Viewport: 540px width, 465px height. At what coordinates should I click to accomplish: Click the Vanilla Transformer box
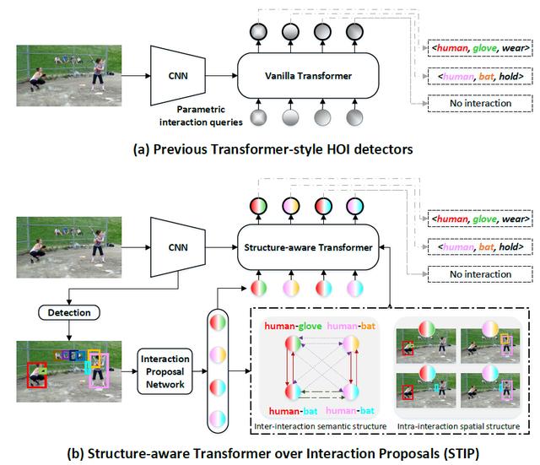click(x=308, y=76)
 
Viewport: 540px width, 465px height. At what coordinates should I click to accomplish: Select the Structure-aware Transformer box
click(x=308, y=247)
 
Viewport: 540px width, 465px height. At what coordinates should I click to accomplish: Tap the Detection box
click(x=69, y=313)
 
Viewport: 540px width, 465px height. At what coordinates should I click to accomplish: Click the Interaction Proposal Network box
click(x=165, y=371)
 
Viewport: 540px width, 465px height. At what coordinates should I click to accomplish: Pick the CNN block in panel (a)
click(x=178, y=76)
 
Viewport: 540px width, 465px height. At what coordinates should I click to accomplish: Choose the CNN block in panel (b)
click(x=178, y=247)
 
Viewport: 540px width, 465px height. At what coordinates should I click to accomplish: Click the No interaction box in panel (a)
click(x=480, y=103)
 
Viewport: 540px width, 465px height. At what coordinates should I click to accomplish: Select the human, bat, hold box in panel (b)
click(x=480, y=247)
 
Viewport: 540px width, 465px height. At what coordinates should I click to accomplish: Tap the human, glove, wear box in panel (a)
click(x=480, y=48)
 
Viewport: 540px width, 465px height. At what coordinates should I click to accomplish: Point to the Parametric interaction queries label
click(x=201, y=116)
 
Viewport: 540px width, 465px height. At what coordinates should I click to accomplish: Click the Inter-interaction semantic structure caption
click(x=321, y=426)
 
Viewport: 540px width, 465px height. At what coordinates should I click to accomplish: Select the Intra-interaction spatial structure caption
click(x=458, y=426)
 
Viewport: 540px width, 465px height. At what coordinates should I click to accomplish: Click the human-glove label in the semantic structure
click(x=293, y=327)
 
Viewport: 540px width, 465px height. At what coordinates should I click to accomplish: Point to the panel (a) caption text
click(x=273, y=149)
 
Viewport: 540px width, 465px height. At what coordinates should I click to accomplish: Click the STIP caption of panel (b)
click(x=273, y=454)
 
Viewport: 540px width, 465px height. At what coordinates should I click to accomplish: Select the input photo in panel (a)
click(x=69, y=75)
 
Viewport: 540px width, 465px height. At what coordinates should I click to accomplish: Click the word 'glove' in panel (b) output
click(x=484, y=219)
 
